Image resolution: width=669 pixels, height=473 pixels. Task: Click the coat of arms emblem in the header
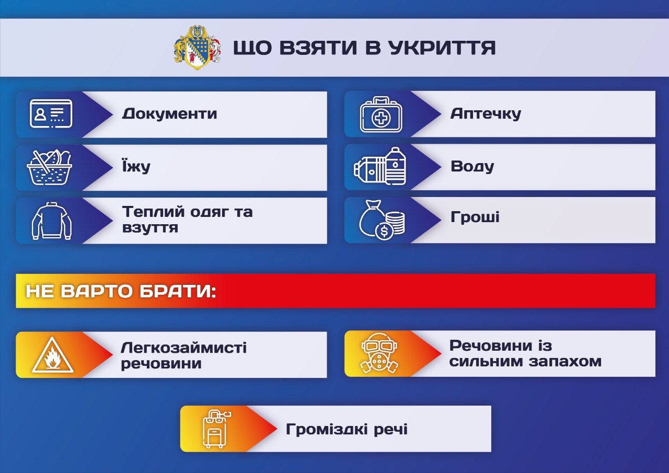[198, 48]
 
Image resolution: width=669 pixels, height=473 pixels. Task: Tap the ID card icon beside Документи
[51, 114]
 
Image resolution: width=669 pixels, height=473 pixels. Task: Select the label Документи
[169, 114]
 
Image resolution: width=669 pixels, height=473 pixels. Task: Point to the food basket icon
[49, 167]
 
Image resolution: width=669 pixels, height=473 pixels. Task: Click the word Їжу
[136, 166]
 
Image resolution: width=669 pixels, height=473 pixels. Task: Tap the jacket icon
[51, 221]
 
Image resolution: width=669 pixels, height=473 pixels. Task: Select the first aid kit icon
[381, 114]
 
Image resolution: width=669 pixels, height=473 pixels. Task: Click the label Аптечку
[486, 114]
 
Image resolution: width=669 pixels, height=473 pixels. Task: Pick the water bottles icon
[379, 166]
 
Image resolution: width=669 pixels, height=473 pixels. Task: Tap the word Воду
[472, 166]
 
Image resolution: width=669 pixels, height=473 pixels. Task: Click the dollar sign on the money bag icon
[384, 232]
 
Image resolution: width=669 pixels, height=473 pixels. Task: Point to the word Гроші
[475, 217]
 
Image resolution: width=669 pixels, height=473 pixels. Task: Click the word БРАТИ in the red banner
[178, 291]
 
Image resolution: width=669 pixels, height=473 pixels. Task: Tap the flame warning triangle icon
[53, 355]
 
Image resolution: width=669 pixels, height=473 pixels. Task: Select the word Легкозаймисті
[183, 347]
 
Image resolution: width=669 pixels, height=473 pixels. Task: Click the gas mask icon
[379, 353]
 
